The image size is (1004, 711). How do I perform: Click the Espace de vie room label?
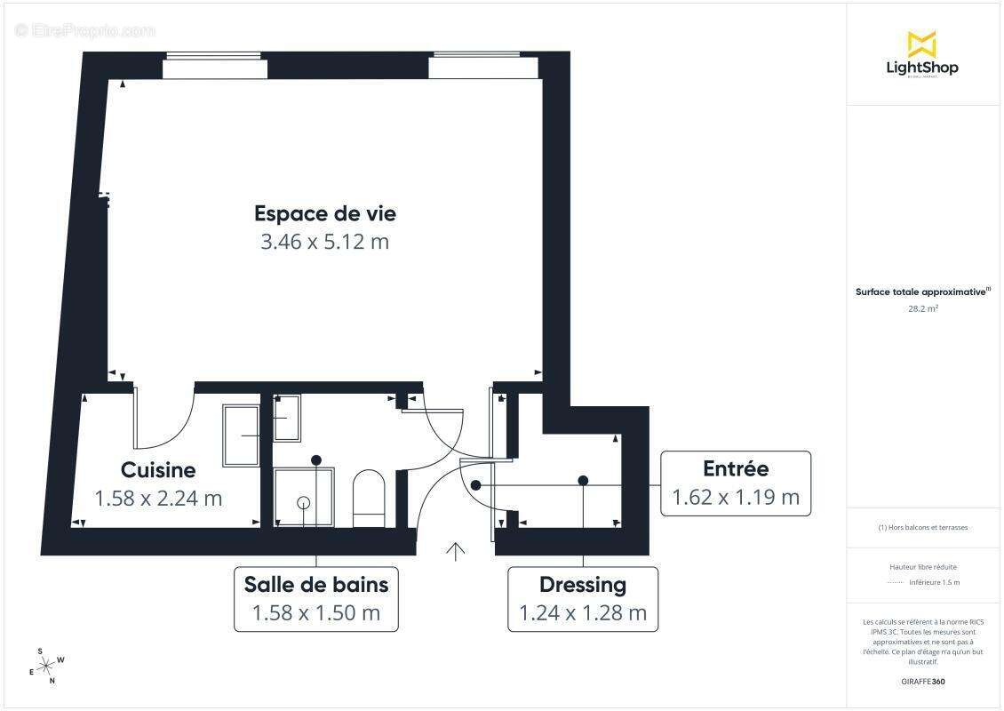tap(325, 213)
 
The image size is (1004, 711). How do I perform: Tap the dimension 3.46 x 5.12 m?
tap(325, 242)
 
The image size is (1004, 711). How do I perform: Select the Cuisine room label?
tap(158, 469)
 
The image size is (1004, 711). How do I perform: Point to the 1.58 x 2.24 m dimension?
tap(158, 499)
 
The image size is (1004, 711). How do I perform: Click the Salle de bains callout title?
tap(316, 585)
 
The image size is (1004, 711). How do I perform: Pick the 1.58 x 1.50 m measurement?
tap(316, 613)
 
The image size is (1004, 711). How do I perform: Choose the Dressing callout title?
tap(583, 585)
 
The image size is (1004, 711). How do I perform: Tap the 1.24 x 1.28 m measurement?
tap(583, 613)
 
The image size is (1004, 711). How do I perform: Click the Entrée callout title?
tap(736, 468)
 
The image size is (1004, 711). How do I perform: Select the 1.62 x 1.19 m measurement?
tap(736, 498)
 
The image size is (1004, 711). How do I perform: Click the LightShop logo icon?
tap(921, 44)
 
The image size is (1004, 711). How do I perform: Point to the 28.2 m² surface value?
tap(923, 309)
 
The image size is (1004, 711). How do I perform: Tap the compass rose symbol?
tap(47, 663)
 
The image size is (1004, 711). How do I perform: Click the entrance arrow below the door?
tap(455, 552)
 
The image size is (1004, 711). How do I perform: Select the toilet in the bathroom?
tap(368, 498)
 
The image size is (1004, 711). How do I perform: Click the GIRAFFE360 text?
tap(923, 682)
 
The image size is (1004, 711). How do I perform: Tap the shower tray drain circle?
tap(304, 502)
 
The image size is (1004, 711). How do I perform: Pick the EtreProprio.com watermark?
tap(85, 30)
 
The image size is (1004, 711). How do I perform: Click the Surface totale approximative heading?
tap(922, 292)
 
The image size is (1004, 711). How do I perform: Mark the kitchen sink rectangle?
tap(241, 435)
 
